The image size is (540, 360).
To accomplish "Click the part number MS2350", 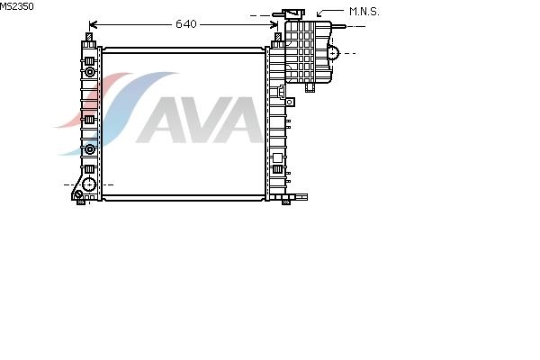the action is tap(16, 6).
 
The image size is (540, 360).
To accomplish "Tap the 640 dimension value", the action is tap(186, 24).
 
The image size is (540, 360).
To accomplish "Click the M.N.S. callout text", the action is tap(364, 12).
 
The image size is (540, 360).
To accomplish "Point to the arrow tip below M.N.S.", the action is tap(318, 16).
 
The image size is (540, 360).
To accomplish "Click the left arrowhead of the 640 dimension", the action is tap(93, 25).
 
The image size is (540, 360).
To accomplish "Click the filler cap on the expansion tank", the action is tap(293, 14).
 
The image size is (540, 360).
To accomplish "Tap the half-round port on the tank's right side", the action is tap(333, 53).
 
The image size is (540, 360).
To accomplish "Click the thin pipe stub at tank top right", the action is tap(338, 26).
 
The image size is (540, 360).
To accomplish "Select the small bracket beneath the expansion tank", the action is tap(310, 87).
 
